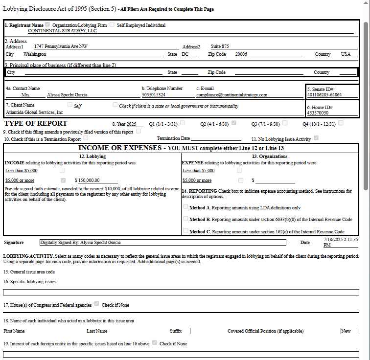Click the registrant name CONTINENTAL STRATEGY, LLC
coord(62,30)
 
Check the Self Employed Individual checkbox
coord(112,24)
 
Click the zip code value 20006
coord(241,54)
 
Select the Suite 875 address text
coord(220,46)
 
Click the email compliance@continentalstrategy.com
coord(231,95)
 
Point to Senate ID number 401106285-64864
coord(324,95)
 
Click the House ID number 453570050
coord(318,113)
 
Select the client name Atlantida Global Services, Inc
coord(34,112)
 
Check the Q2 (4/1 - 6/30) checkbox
coord(234,123)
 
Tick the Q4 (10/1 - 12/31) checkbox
coord(341,123)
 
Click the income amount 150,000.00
coord(89,180)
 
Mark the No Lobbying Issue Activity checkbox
coord(316,138)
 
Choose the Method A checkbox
coord(185,207)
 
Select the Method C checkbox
coord(185,231)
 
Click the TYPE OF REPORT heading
coord(35,123)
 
